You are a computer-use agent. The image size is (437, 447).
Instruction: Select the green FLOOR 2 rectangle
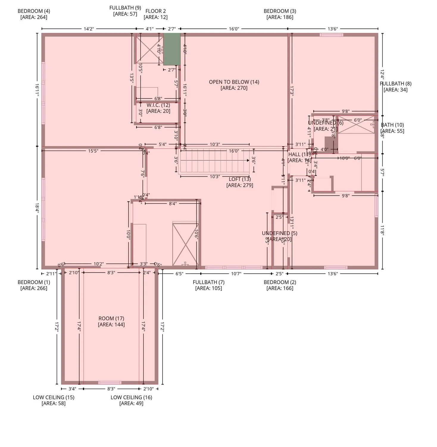point(172,49)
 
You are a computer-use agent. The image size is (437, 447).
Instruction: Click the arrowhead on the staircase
point(248,160)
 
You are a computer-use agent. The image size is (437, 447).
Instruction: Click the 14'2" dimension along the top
point(89,29)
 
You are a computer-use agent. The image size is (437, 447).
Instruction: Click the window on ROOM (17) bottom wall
point(110,383)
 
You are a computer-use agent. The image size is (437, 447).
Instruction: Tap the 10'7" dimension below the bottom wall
point(236,274)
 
